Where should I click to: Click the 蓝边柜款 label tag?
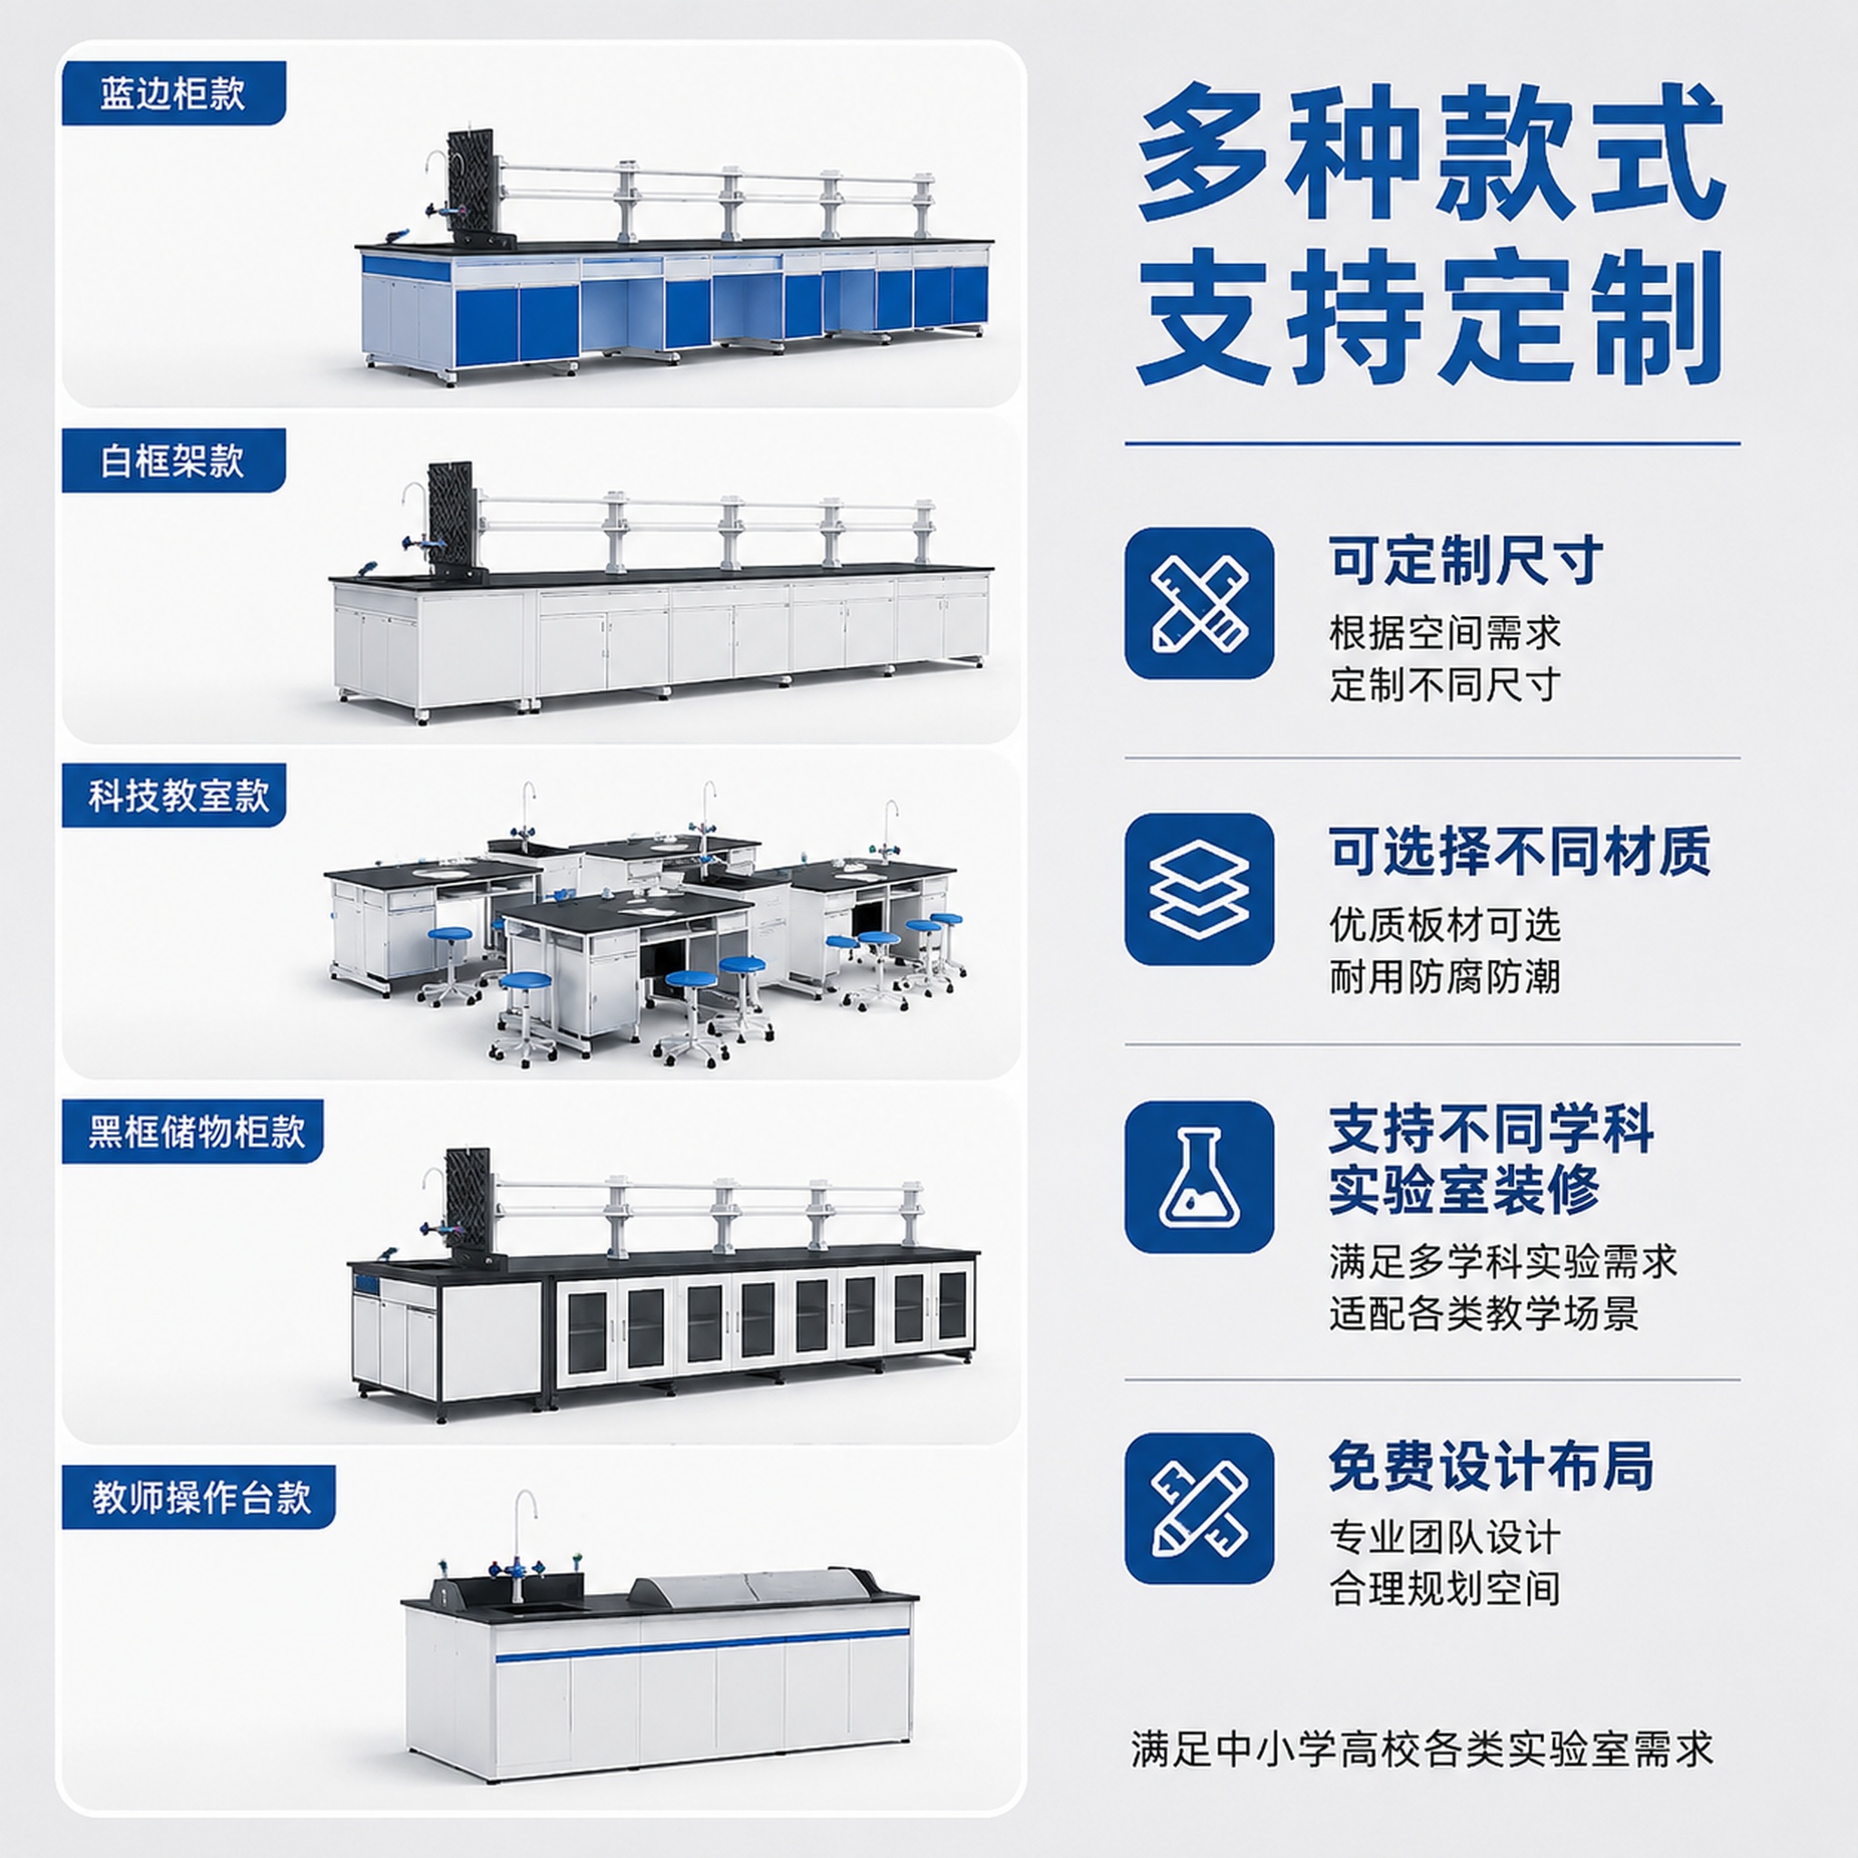[x=173, y=93]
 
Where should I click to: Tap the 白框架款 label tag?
[x=173, y=461]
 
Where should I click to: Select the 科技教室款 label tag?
[x=174, y=796]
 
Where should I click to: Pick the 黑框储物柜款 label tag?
[x=192, y=1131]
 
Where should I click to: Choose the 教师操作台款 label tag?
[x=198, y=1497]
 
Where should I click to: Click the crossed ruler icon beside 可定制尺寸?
[x=1199, y=603]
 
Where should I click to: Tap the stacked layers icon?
[x=1199, y=890]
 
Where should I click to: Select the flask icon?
[x=1199, y=1177]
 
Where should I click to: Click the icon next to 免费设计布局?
[x=1199, y=1508]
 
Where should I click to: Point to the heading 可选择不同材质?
[x=1520, y=851]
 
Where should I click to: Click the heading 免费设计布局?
[x=1491, y=1467]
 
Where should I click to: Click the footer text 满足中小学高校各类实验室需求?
[x=1423, y=1749]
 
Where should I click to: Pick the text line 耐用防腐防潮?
[x=1444, y=976]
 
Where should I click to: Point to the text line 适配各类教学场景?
[x=1484, y=1313]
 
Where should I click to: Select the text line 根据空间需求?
[x=1444, y=633]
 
